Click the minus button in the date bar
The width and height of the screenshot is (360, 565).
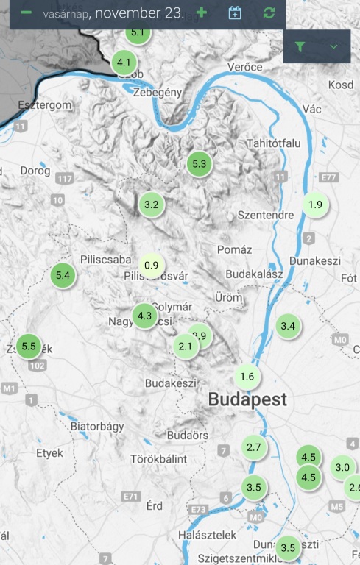click(27, 13)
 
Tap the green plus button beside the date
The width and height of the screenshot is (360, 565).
click(202, 13)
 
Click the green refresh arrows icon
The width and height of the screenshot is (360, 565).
click(269, 13)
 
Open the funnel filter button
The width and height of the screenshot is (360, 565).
click(300, 46)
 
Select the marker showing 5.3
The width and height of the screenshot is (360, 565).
click(199, 164)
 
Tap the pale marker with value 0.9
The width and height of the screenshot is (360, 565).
click(152, 265)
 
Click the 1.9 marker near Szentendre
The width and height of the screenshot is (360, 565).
click(315, 205)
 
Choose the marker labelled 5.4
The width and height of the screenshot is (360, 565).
click(63, 275)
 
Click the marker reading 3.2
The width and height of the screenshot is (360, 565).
click(152, 205)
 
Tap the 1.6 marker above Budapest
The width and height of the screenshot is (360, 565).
click(247, 377)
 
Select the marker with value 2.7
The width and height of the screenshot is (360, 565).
click(254, 447)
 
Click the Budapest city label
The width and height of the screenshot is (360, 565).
click(247, 400)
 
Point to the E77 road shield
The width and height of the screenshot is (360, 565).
click(330, 177)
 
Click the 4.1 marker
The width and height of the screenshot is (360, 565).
click(124, 63)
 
